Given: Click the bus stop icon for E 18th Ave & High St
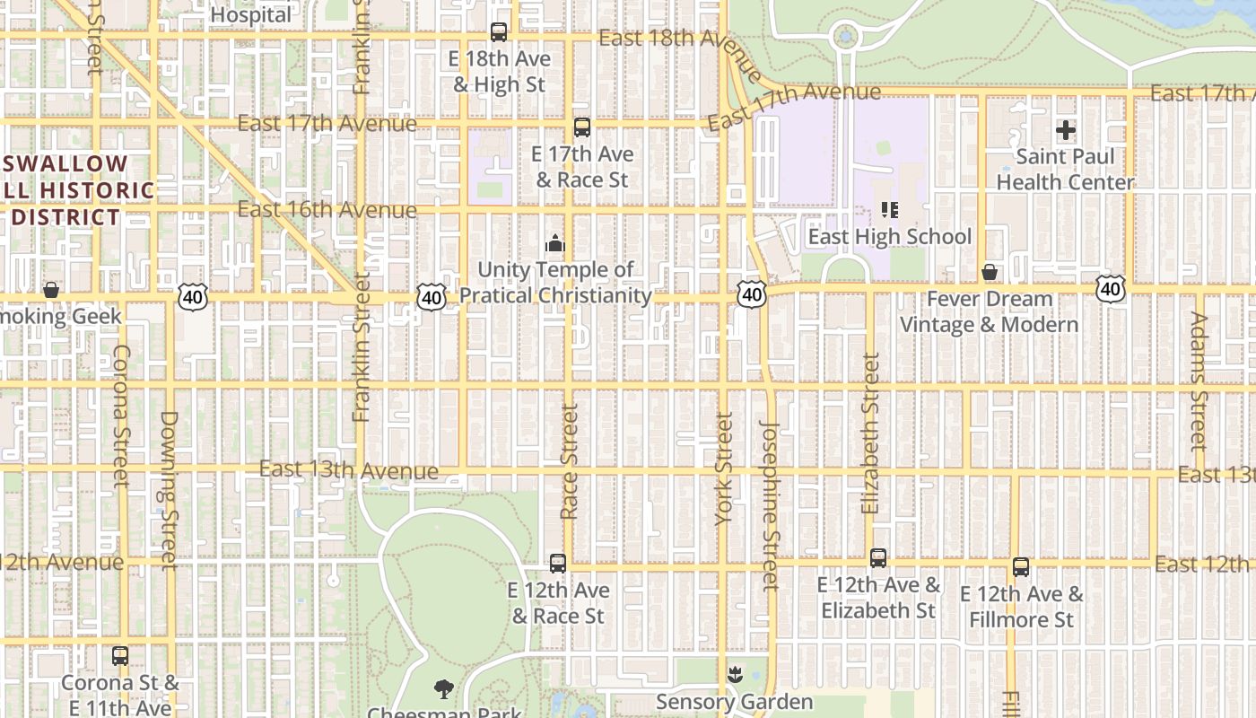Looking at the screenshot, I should (499, 33).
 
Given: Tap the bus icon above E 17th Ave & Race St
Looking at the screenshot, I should (582, 127).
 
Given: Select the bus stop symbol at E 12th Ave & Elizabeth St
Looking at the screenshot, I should (878, 558).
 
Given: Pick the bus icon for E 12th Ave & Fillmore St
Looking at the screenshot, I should (1021, 567).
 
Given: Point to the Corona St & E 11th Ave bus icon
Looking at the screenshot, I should (120, 656).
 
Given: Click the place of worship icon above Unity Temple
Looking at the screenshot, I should (555, 243).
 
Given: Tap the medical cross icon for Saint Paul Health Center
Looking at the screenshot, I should (1066, 131).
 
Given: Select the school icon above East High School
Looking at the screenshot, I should (890, 211).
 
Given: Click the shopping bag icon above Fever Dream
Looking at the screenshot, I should (990, 272).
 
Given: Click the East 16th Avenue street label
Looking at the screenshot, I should (327, 210).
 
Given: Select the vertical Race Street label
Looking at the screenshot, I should (569, 461).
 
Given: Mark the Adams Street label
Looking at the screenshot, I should (1199, 381).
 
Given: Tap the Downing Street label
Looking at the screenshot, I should (169, 490).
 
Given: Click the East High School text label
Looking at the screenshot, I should (890, 237).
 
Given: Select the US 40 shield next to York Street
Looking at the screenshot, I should (753, 294).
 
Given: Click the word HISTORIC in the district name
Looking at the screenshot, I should (98, 190).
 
